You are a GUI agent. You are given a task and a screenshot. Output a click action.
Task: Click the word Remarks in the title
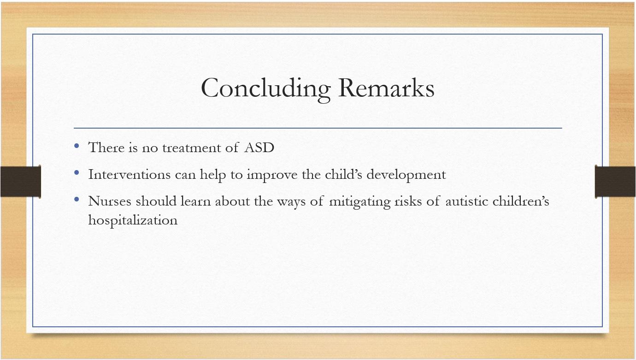coord(386,88)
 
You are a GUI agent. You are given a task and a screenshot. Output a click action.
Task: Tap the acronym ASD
coord(259,148)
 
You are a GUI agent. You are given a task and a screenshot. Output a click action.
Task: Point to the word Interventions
coord(129,174)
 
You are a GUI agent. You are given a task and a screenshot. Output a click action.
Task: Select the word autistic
coord(467,201)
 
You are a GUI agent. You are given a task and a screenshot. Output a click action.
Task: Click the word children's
coord(521,201)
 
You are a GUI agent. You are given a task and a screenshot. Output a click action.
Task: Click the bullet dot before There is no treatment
coord(77,146)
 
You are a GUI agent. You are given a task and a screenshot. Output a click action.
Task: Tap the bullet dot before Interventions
coord(77,172)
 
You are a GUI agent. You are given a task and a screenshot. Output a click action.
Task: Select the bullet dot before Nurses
coord(77,199)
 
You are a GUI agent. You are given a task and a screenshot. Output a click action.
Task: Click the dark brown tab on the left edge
coord(21,182)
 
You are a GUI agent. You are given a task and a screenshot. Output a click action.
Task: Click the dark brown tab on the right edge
coord(615,182)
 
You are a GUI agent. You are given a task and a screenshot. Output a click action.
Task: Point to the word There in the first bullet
coord(106,148)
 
